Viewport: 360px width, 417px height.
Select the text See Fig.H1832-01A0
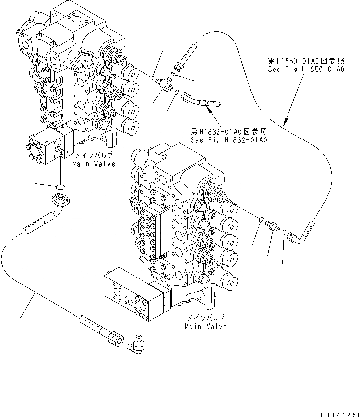pos(229,140)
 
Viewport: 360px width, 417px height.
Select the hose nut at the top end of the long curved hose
pos(180,64)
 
